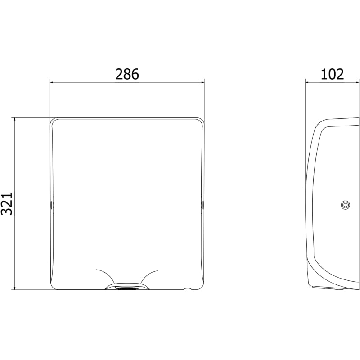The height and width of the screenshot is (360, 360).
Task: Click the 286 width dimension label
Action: (x=127, y=74)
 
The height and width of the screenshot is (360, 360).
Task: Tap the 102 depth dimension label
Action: (x=332, y=74)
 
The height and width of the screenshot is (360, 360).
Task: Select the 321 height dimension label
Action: (x=7, y=204)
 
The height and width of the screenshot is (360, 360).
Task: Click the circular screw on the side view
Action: (x=346, y=205)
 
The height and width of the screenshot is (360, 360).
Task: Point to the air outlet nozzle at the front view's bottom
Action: (x=127, y=286)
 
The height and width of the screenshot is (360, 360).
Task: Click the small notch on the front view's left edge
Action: (x=51, y=204)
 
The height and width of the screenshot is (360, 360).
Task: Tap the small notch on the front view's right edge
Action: (x=203, y=204)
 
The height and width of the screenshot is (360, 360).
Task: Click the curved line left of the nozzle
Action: (x=108, y=274)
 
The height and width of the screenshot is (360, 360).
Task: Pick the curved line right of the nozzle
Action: (x=147, y=274)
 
